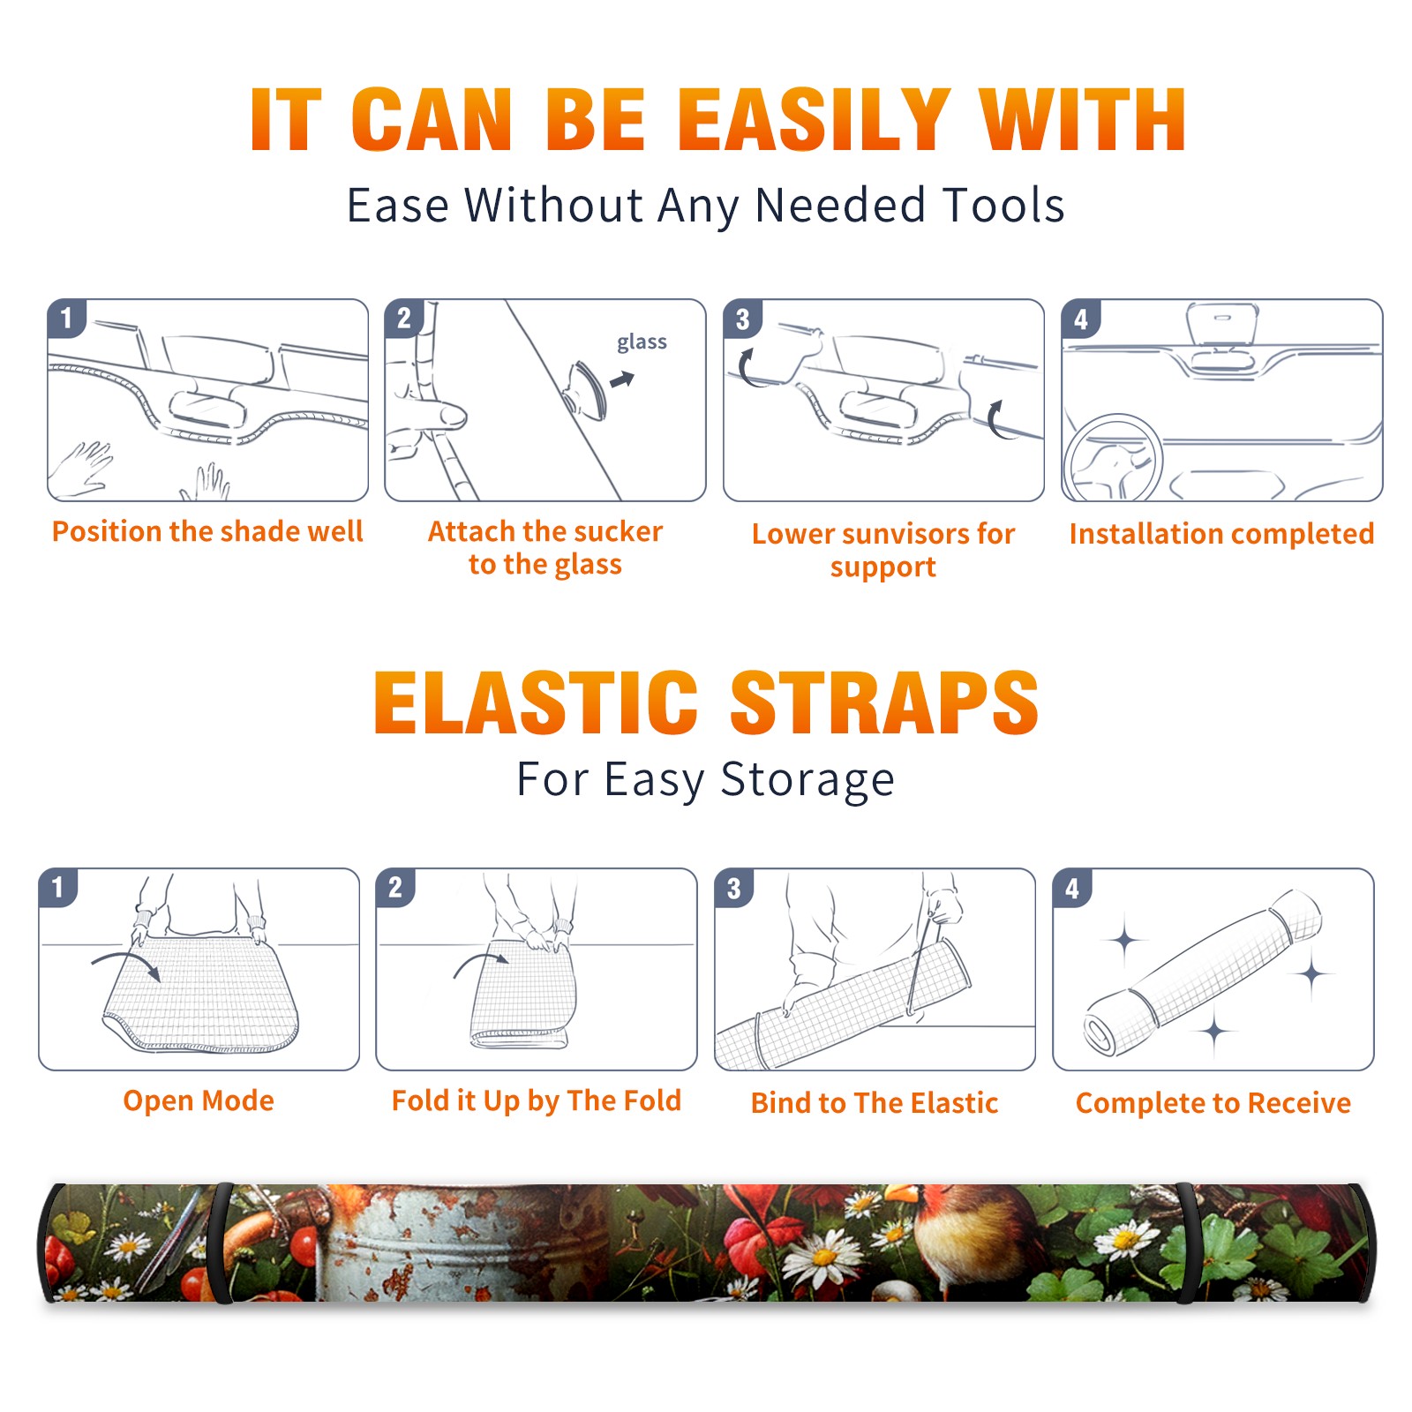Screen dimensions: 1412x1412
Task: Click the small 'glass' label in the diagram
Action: coord(642,342)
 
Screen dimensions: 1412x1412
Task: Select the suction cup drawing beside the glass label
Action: coord(586,389)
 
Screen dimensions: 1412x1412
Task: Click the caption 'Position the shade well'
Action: coord(207,531)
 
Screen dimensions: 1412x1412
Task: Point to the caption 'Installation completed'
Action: coord(1221,534)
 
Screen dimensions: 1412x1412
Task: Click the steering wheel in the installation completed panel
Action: coord(1114,459)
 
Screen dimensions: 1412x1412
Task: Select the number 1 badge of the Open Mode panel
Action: coord(58,887)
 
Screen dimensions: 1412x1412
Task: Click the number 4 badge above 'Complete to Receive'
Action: coord(1072,887)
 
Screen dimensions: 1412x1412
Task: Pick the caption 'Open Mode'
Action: coord(199,1100)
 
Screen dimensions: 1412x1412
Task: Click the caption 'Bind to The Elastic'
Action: coord(875,1103)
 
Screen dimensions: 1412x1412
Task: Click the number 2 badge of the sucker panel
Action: coord(404,318)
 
